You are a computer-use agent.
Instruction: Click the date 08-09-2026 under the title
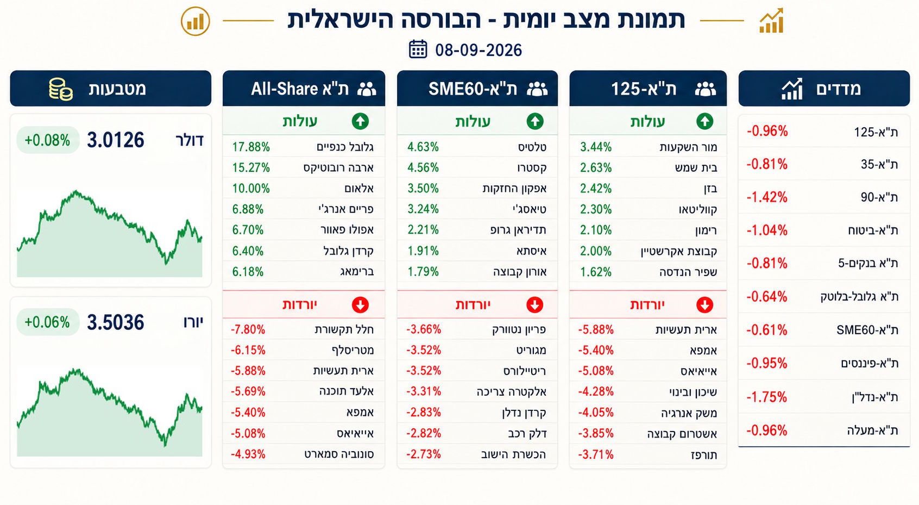(x=479, y=50)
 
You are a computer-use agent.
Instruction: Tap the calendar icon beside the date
(x=418, y=49)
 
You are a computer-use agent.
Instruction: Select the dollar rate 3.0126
(x=115, y=140)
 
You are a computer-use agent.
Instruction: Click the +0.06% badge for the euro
(x=47, y=322)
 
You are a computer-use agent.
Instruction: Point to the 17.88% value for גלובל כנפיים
(x=251, y=147)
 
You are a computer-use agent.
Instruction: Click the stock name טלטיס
(x=532, y=147)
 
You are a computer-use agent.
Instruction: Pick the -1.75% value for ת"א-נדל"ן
(x=767, y=397)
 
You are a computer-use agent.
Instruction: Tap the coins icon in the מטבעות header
(x=61, y=89)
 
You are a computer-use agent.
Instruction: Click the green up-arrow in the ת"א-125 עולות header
(x=705, y=121)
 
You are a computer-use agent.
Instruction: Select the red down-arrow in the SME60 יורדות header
(x=534, y=304)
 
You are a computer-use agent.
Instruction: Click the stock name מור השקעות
(x=688, y=147)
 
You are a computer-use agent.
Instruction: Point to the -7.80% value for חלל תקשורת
(x=248, y=329)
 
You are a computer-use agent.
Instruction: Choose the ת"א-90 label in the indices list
(x=879, y=197)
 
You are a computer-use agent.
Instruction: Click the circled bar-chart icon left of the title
(x=196, y=21)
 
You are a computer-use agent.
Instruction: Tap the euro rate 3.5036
(x=115, y=322)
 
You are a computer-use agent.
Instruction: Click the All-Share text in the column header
(x=284, y=89)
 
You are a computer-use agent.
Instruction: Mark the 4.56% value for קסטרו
(x=423, y=167)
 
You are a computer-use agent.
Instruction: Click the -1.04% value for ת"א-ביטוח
(x=767, y=230)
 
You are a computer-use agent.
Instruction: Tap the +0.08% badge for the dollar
(x=48, y=140)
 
